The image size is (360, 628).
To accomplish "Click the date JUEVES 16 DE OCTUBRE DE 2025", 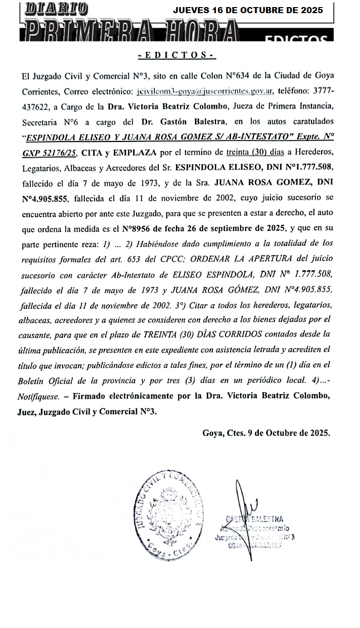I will point(248,10).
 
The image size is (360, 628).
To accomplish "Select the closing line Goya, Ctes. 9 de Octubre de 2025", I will point(266,432).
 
